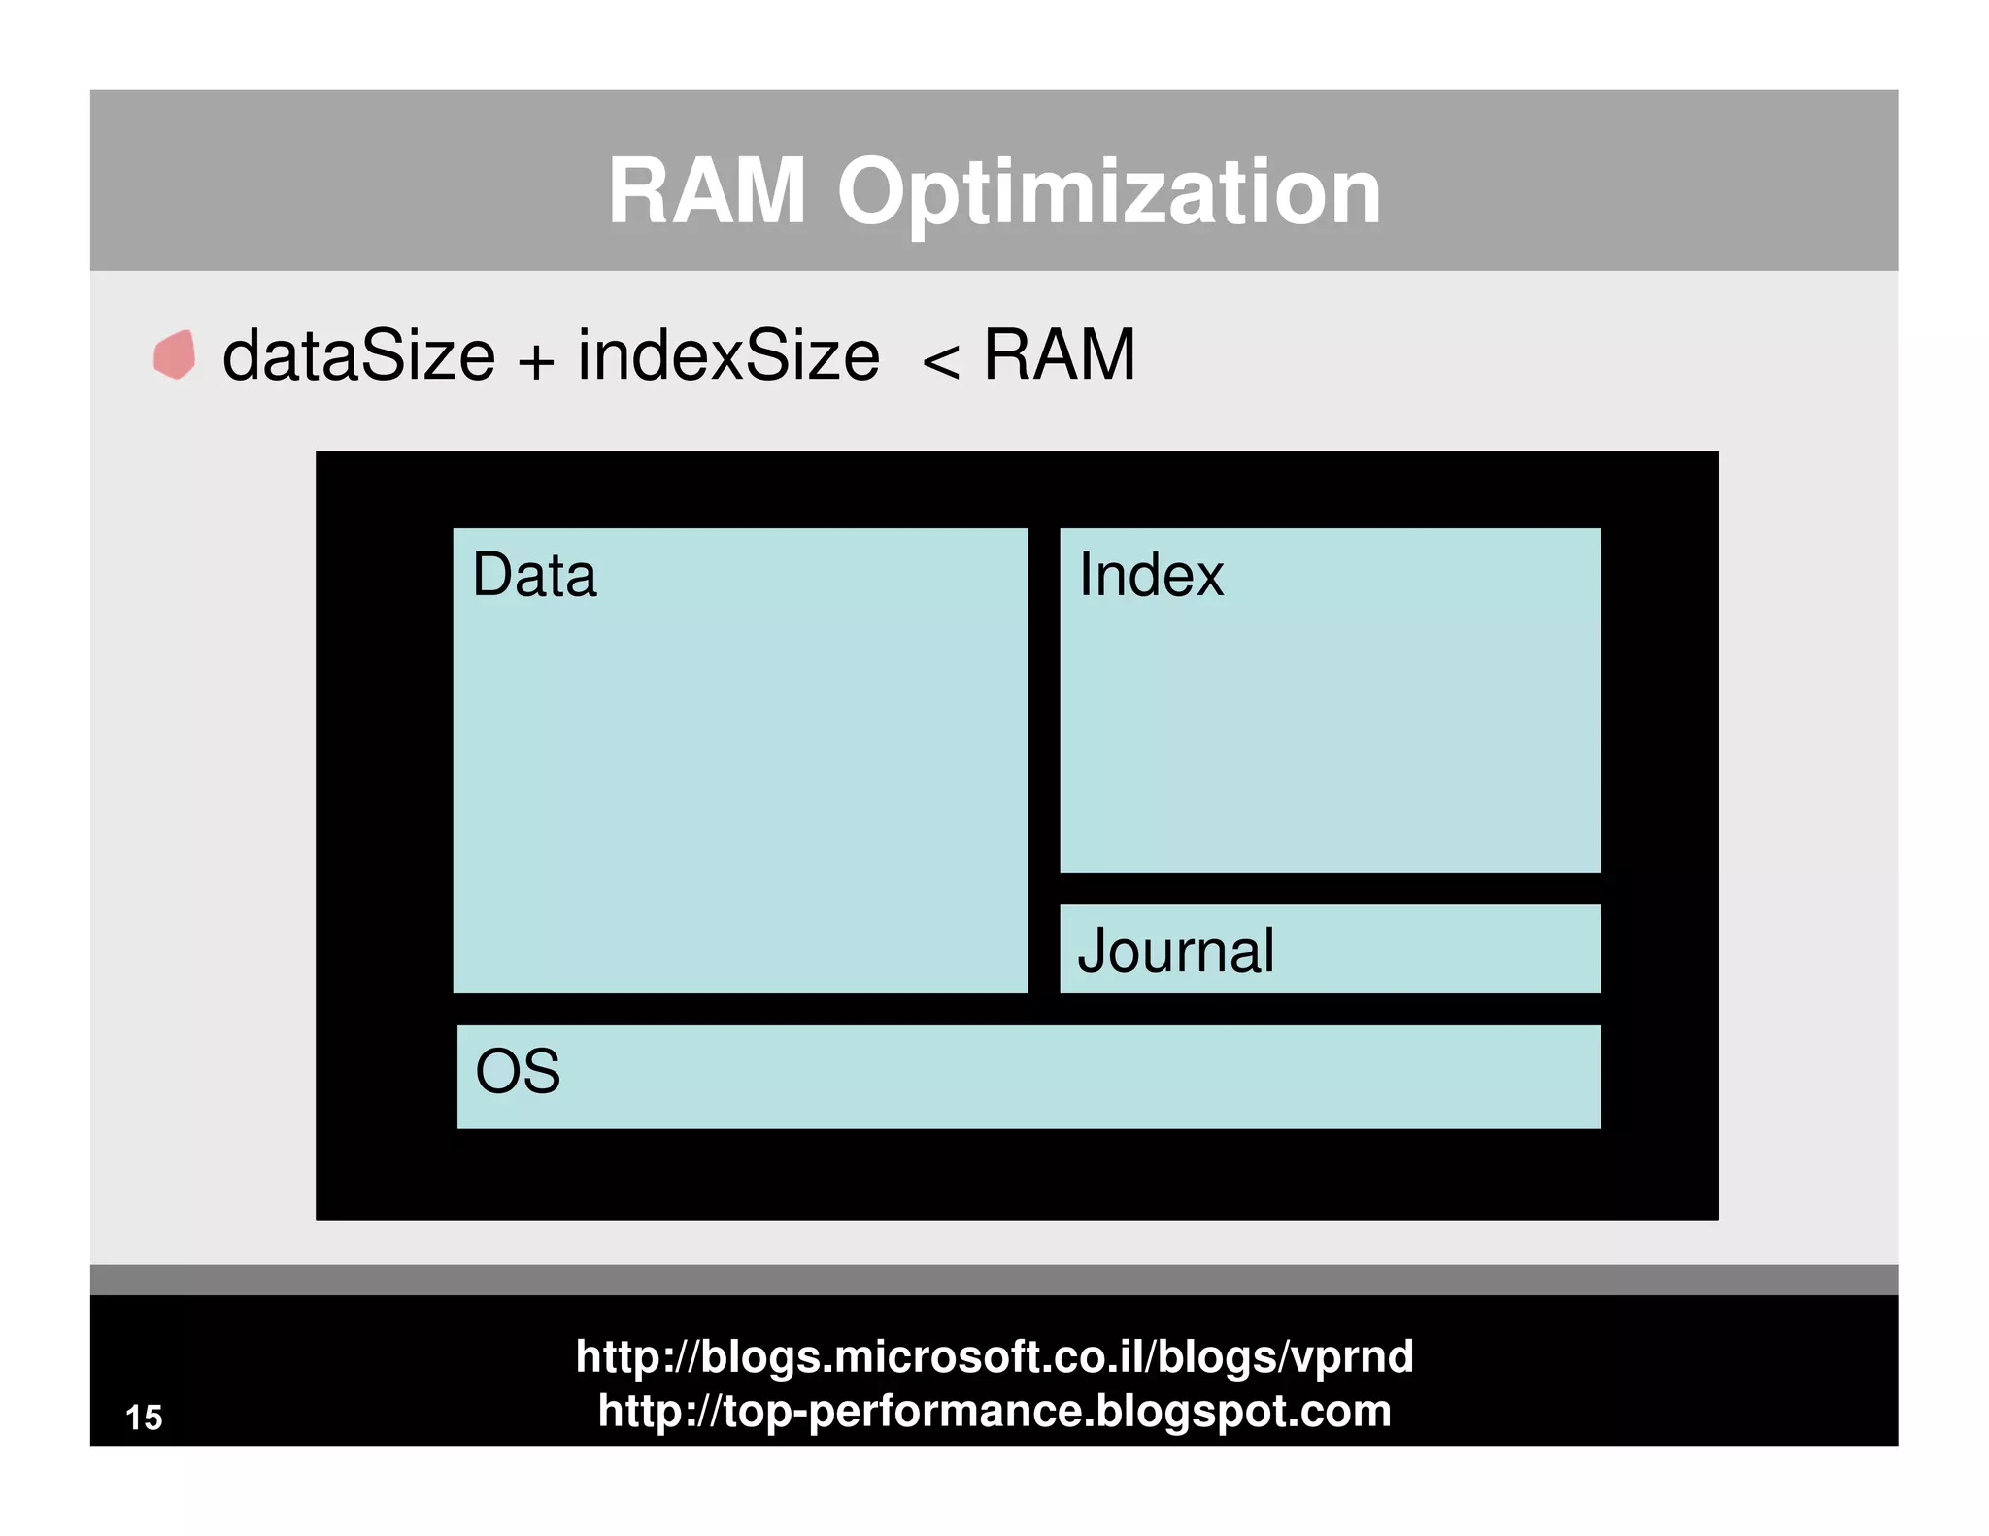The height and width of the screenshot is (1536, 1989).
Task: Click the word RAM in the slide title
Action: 706,191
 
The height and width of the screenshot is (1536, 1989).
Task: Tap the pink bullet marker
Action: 175,354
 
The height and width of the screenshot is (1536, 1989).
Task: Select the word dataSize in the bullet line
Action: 358,355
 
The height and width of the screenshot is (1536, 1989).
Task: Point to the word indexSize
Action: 728,355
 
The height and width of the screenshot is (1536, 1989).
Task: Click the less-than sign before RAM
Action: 940,362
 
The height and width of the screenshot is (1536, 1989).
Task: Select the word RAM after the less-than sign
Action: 1059,355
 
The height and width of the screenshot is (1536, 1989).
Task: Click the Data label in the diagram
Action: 534,575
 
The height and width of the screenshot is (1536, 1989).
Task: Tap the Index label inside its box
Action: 1151,575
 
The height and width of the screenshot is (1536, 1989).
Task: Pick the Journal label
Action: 1175,951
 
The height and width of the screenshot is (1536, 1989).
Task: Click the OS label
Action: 518,1072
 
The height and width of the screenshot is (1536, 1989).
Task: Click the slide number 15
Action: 144,1418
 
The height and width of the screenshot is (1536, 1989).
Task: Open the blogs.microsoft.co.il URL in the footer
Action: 994,1356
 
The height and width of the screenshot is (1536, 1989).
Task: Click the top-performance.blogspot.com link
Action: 994,1411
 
